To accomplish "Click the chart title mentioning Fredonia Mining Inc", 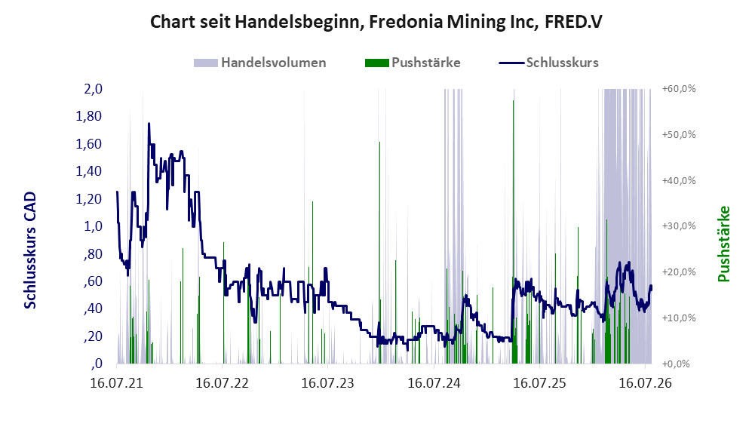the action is pos(376,22).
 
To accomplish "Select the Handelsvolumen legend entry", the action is pos(260,63).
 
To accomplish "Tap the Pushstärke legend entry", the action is pos(413,63).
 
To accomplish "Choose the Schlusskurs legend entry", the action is pos(548,63).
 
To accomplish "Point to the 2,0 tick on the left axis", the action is pos(93,89).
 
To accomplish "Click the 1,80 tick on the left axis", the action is pos(89,116).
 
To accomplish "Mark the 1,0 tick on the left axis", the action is pos(93,226).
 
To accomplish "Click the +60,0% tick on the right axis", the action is pos(679,89).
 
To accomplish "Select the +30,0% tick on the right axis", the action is pos(679,226).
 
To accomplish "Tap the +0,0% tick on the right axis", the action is pos(677,364).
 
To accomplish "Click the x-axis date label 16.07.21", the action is pos(117,383).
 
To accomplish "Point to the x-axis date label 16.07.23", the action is pos(327,383).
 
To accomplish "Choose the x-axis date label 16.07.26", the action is pos(645,383).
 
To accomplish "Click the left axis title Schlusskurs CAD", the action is pos(30,250).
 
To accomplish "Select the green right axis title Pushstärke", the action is pos(723,244).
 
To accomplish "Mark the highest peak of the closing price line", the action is pos(149,124).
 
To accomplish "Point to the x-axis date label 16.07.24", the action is pos(434,383).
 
